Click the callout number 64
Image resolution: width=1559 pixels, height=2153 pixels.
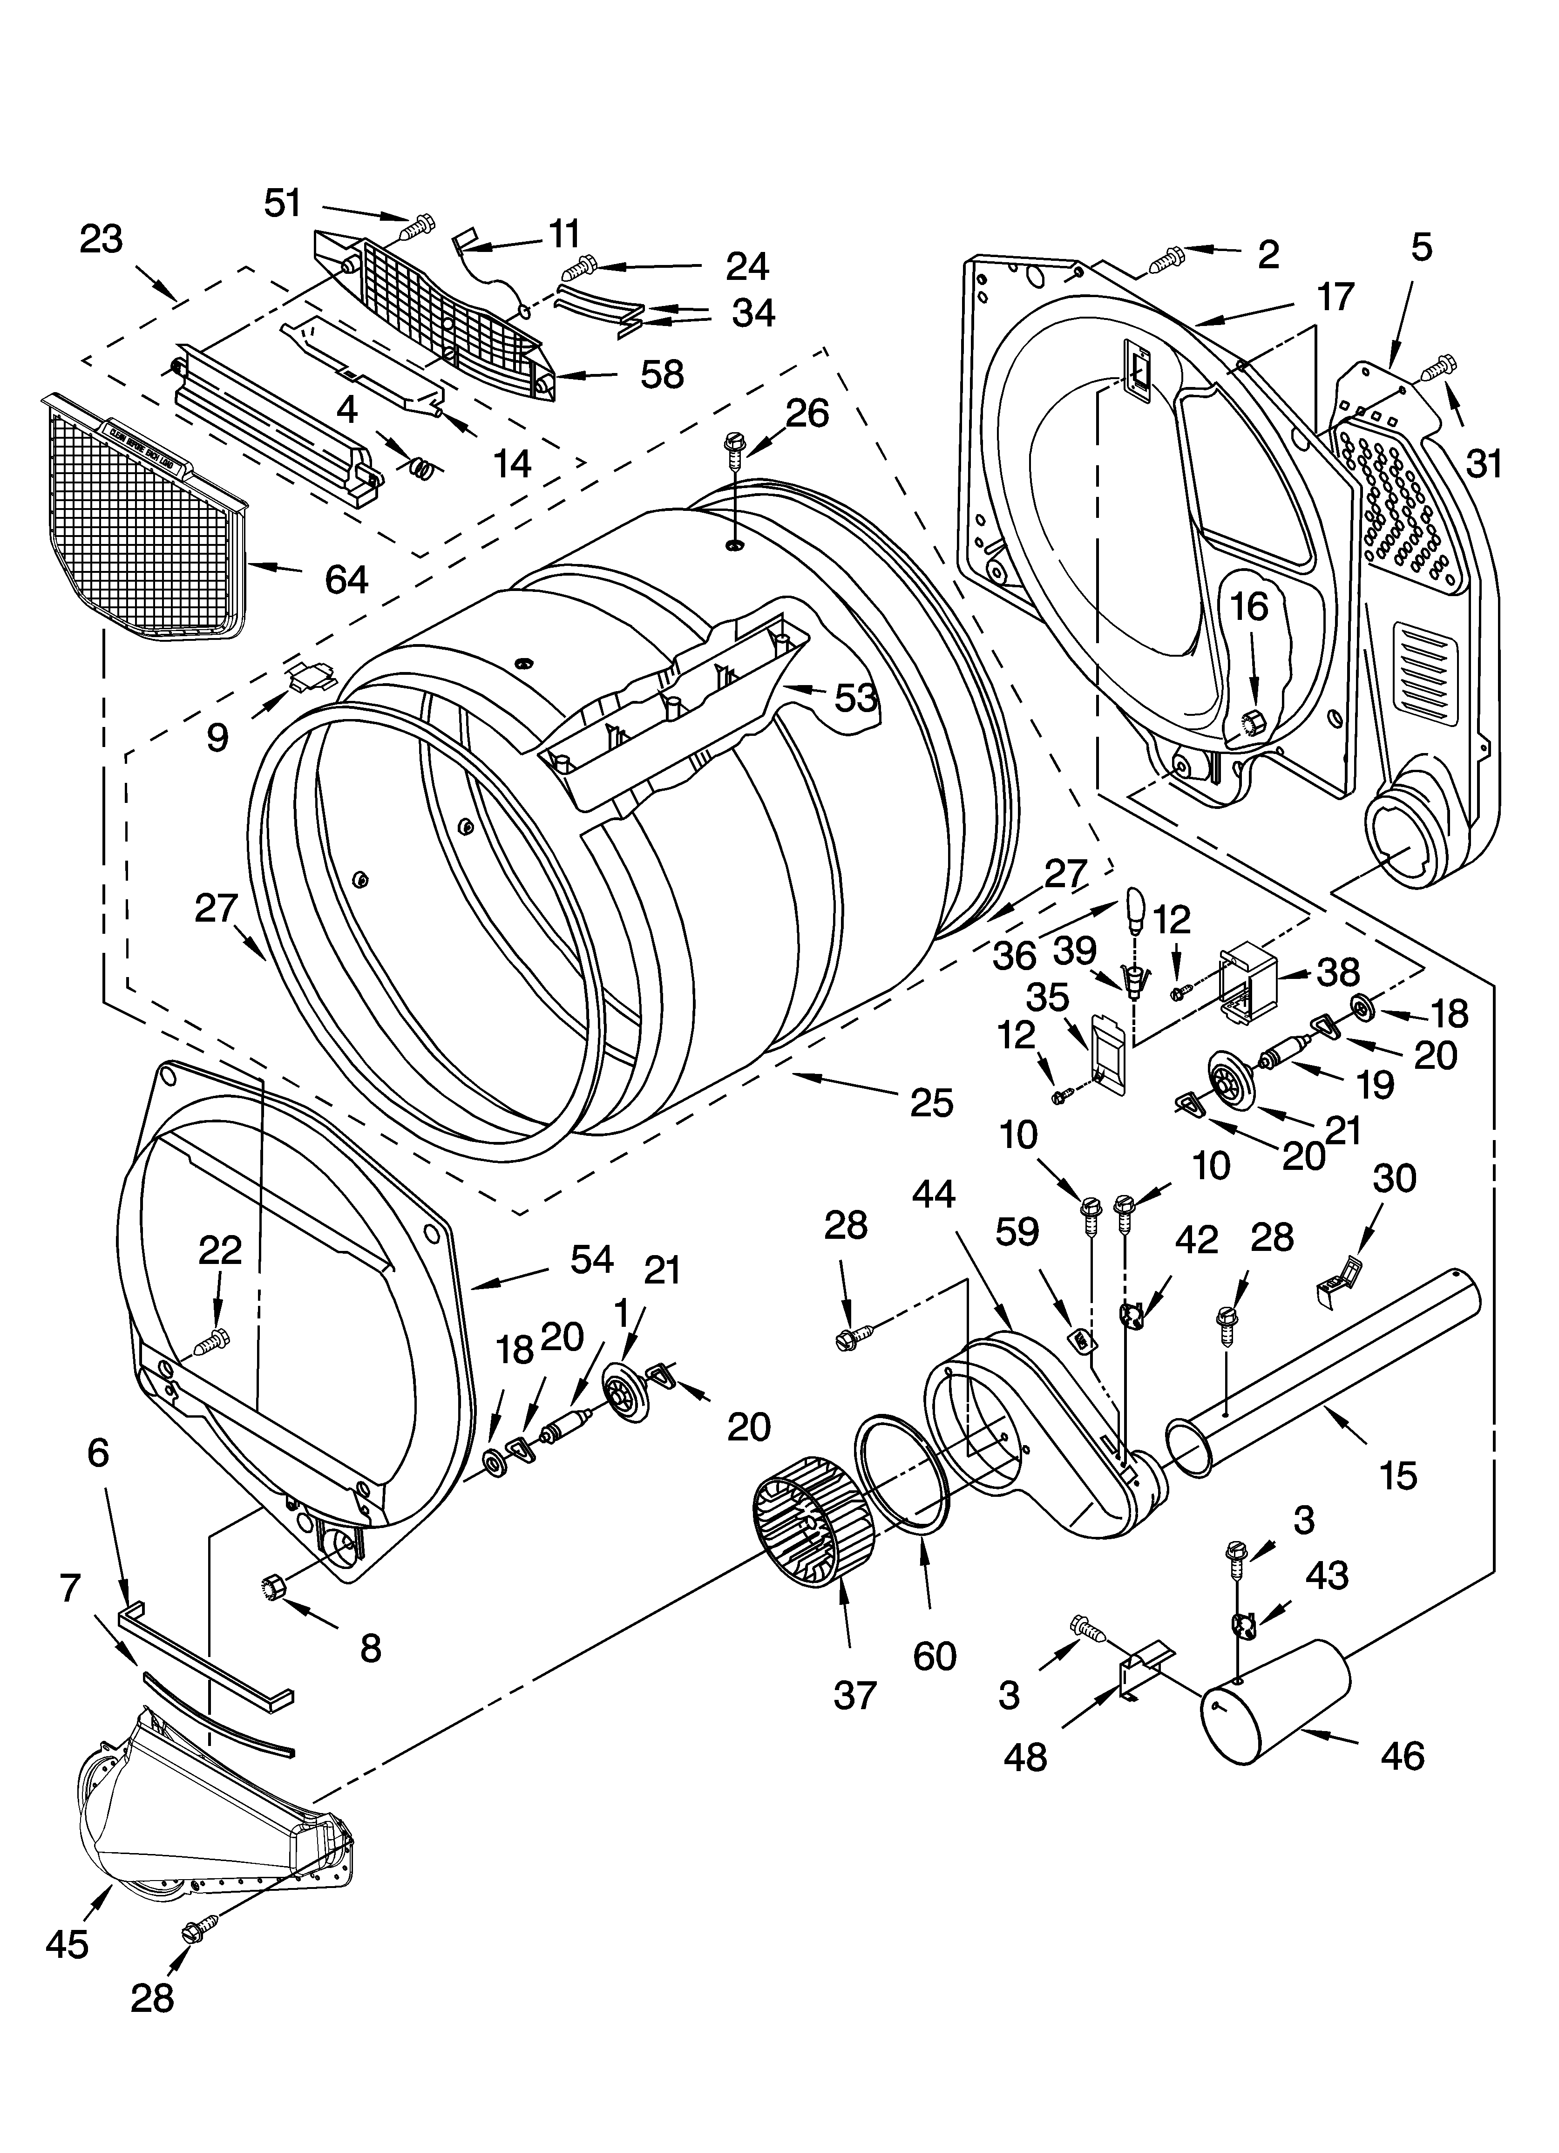click(x=346, y=579)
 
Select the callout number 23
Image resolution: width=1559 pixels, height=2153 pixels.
click(x=102, y=239)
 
